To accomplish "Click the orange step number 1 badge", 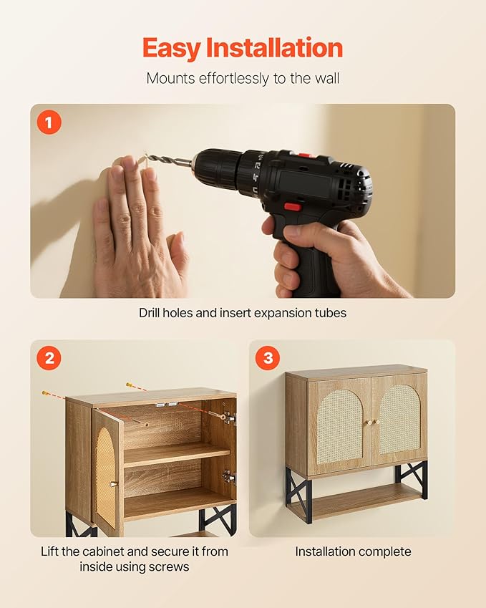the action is [x=49, y=122].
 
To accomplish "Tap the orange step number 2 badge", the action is [x=49, y=357].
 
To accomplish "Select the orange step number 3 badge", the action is [x=268, y=357].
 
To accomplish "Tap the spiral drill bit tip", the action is [x=147, y=156].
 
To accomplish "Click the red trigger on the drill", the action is [x=293, y=207].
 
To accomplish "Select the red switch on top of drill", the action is [x=306, y=155].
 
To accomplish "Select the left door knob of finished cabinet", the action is [x=369, y=423].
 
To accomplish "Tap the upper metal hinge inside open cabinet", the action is [x=230, y=418].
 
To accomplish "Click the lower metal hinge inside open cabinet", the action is [x=229, y=477].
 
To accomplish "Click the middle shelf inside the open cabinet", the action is [x=177, y=455].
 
